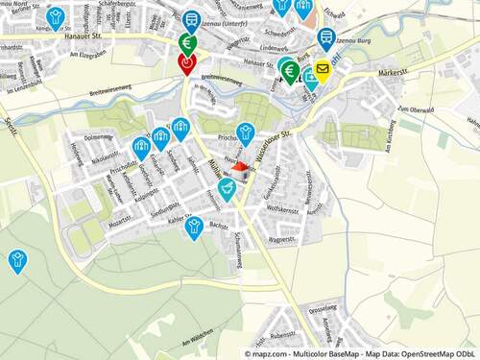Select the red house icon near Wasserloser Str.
240,168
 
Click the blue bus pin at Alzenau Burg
326,38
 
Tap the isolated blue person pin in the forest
16,259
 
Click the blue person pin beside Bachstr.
194,227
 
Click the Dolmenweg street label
99,137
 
